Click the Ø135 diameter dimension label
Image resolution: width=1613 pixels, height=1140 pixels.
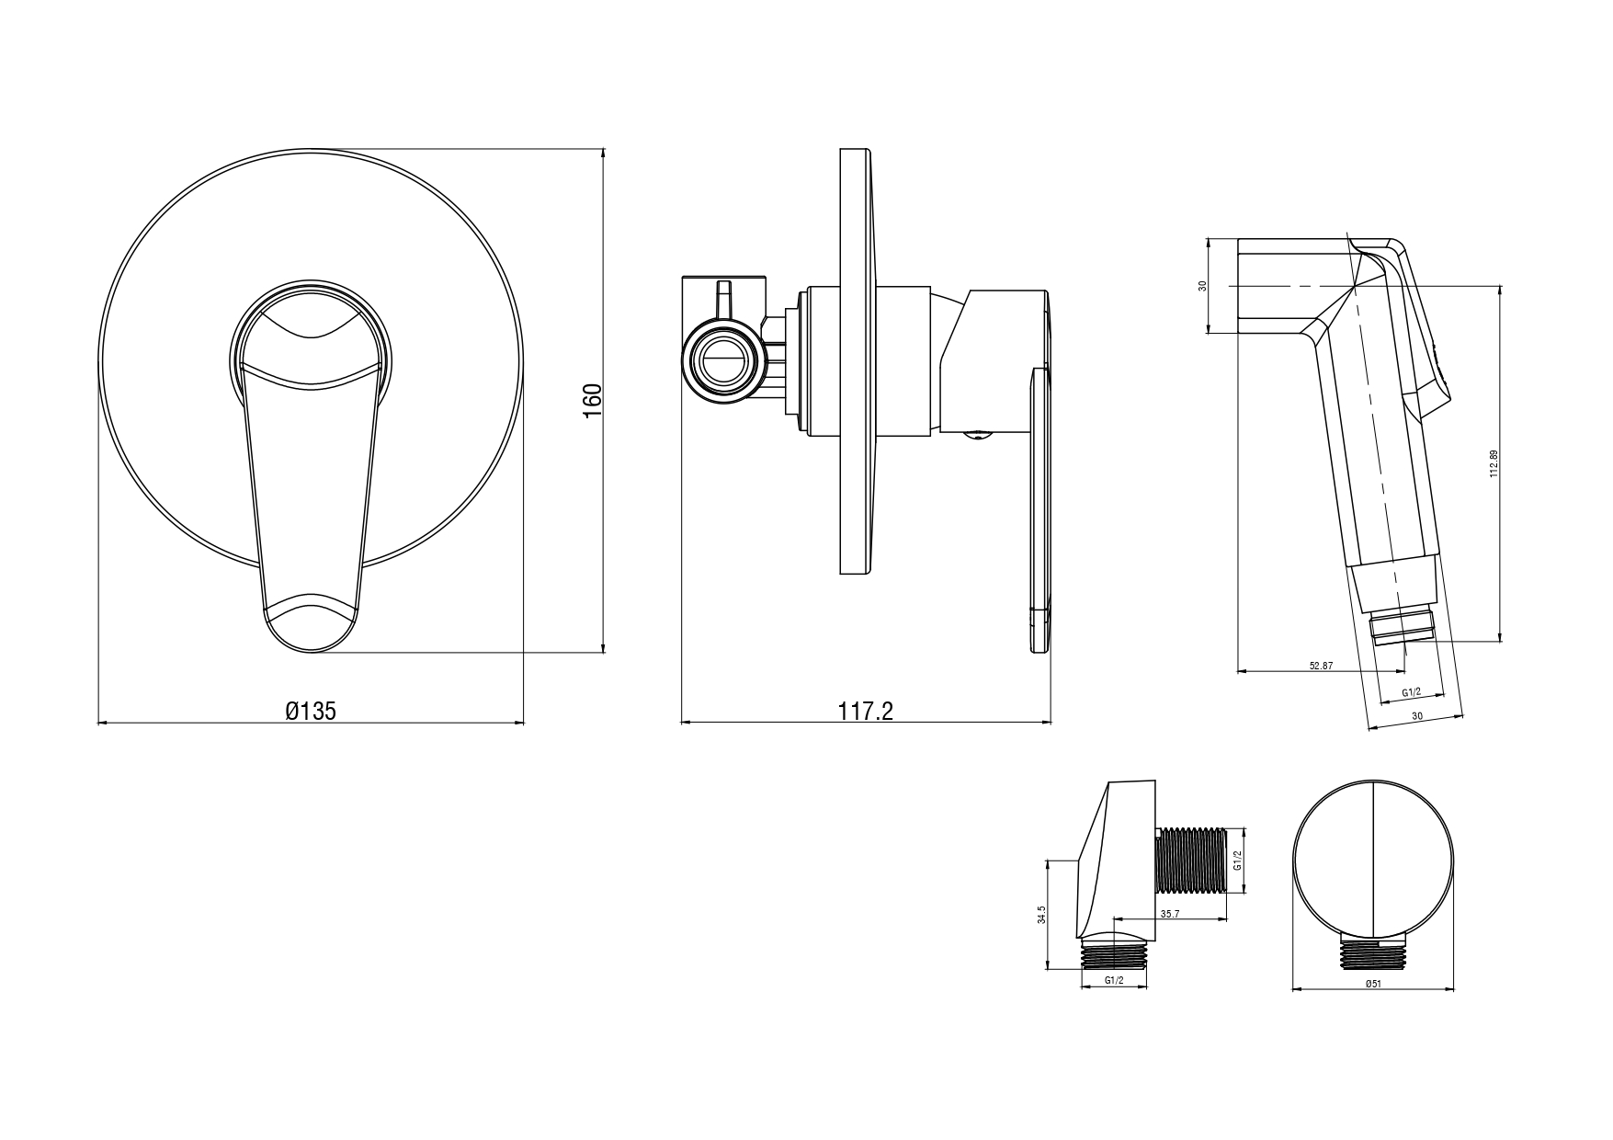coord(311,711)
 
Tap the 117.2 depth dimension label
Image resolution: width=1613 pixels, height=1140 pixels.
coord(866,711)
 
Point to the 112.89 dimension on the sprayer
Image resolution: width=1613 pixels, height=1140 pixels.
coord(1494,463)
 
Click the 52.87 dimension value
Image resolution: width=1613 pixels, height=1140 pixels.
coord(1321,666)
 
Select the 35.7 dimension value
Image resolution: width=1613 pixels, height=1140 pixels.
coord(1170,915)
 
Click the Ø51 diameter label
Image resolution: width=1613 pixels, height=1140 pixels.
coord(1373,983)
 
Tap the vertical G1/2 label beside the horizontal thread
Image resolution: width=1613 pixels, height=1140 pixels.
coord(1237,861)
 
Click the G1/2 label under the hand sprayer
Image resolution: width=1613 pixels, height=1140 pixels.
coord(1411,692)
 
